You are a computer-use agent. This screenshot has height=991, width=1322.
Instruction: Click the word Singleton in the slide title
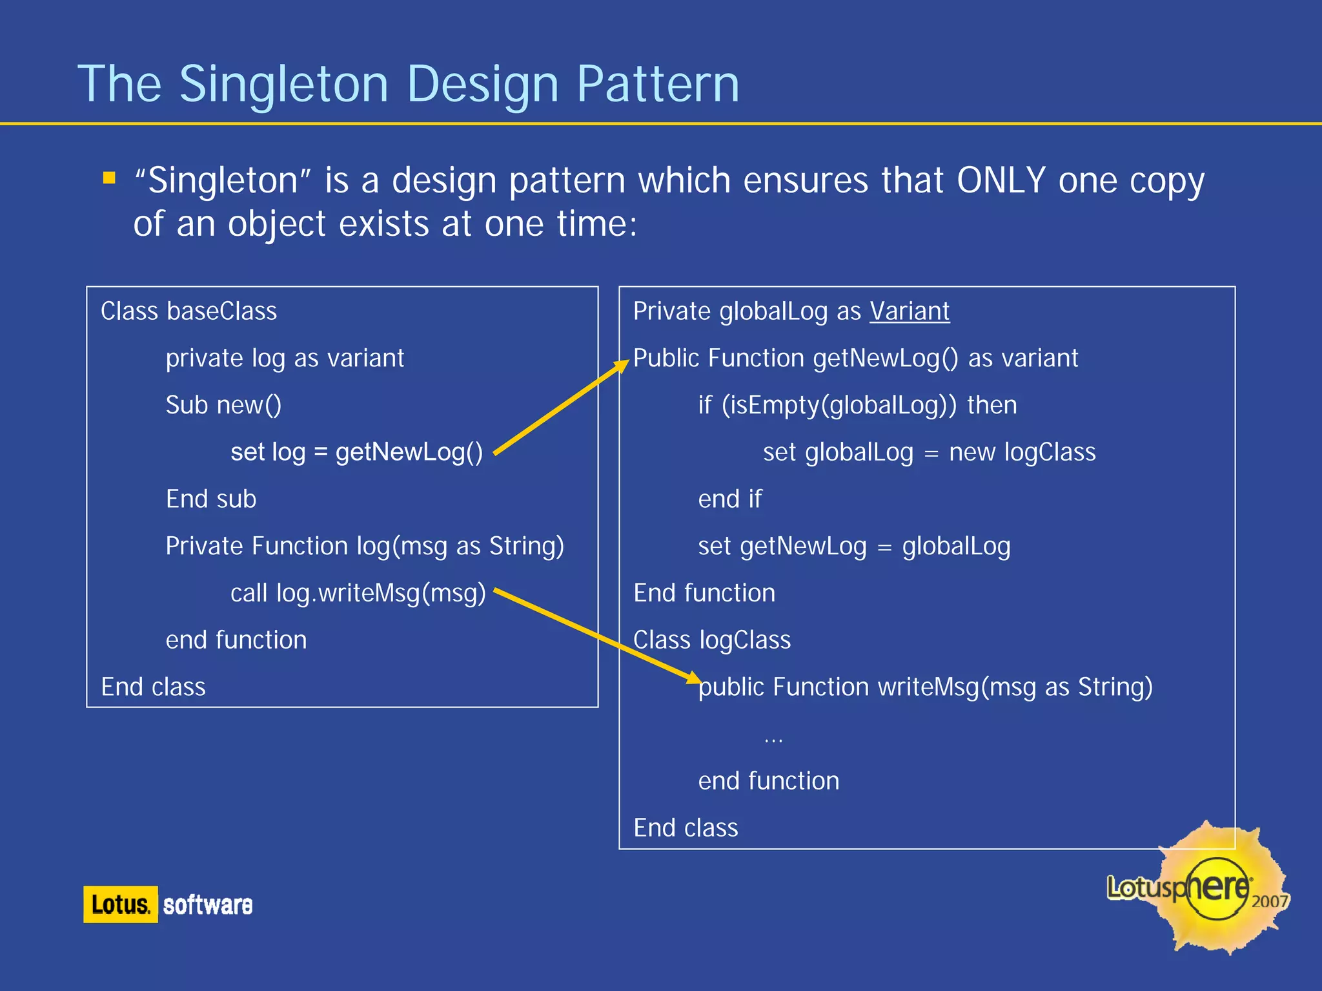pos(283,84)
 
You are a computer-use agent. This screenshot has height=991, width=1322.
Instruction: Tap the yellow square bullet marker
pos(109,178)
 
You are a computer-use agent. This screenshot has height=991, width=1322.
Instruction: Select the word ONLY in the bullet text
pos(1001,180)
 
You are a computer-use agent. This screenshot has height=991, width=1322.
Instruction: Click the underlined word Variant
pos(910,311)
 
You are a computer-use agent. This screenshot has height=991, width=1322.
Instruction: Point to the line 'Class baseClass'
pos(188,311)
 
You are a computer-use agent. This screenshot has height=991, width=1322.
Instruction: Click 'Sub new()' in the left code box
pos(223,405)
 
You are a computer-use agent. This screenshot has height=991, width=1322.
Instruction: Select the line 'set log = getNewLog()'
pos(356,452)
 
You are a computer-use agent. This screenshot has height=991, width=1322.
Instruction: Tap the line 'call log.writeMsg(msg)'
pos(358,593)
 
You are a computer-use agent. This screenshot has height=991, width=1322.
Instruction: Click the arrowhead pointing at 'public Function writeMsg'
pos(693,678)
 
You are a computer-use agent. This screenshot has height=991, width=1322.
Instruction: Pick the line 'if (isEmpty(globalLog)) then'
pos(857,405)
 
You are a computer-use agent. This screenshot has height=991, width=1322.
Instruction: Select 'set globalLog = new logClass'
pos(929,452)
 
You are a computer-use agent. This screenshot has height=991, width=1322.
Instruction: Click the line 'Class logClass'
pos(711,640)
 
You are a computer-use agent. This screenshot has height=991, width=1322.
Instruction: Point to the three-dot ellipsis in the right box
pos(773,740)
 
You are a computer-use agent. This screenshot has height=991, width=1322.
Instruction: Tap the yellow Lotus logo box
pos(120,904)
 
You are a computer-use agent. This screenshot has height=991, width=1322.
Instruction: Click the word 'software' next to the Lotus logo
pos(208,905)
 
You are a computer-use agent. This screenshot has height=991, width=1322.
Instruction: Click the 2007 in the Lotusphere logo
pos(1269,902)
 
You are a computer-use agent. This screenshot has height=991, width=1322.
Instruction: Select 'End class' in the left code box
pos(153,687)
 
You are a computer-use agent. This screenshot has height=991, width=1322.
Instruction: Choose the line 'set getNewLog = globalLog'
pos(854,547)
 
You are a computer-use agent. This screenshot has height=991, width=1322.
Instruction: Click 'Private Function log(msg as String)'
pos(365,547)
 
